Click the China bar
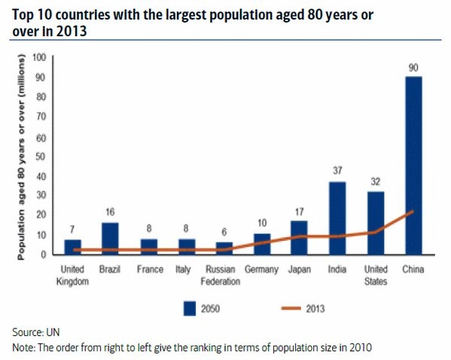coord(413,165)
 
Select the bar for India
coord(337,218)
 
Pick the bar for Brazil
coord(111,238)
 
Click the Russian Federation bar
coord(224,248)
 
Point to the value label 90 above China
coord(413,67)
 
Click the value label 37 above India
coord(337,171)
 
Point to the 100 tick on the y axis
coord(39,57)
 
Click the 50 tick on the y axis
coord(41,156)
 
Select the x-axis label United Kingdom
coord(73,275)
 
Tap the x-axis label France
coord(149,270)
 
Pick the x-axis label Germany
coord(262,270)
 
